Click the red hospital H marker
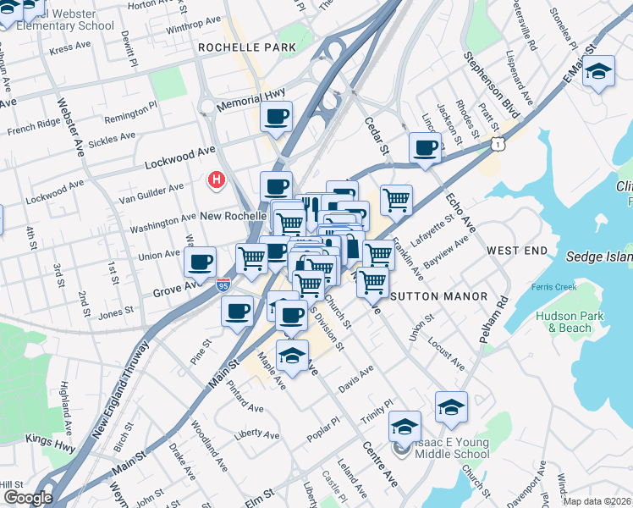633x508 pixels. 217,179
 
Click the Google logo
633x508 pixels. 28,498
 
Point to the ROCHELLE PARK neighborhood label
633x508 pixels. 246,48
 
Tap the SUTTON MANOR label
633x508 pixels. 438,296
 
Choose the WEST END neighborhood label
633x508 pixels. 513,251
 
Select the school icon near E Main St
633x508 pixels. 598,73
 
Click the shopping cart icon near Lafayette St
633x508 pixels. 396,201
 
